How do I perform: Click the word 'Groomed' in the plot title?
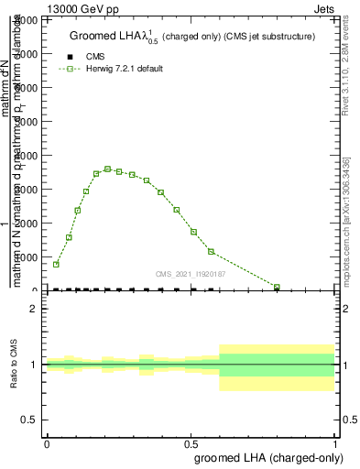click(93, 37)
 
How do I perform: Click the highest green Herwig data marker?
click(108, 169)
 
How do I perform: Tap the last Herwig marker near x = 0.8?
click(277, 287)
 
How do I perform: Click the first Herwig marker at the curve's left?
click(56, 264)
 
